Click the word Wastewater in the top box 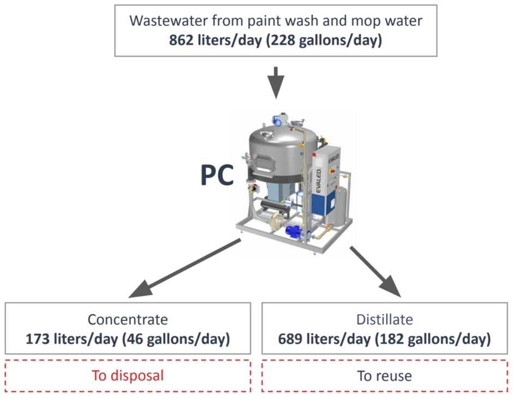point(168,21)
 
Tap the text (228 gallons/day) point(324,40)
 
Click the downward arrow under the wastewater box point(276,83)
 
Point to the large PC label point(217,175)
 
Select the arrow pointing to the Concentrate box point(185,268)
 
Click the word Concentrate point(128,320)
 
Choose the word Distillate point(384,320)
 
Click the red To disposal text point(128,376)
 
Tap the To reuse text point(384,376)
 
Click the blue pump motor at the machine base point(295,231)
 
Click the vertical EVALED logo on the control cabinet point(318,180)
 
